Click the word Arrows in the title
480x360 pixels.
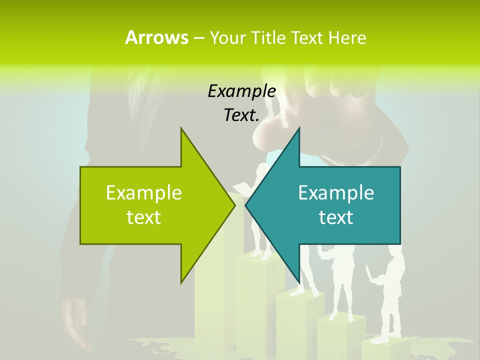point(156,37)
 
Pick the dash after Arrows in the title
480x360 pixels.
point(198,38)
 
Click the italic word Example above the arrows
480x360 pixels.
point(241,91)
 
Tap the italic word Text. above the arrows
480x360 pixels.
point(241,115)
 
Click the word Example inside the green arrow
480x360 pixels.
point(144,193)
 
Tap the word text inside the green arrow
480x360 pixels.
point(144,217)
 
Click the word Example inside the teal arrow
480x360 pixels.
point(336,193)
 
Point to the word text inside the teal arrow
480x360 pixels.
point(336,217)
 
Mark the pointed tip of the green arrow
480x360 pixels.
point(234,205)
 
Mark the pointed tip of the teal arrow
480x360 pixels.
point(245,205)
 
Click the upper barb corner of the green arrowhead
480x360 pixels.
point(181,128)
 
